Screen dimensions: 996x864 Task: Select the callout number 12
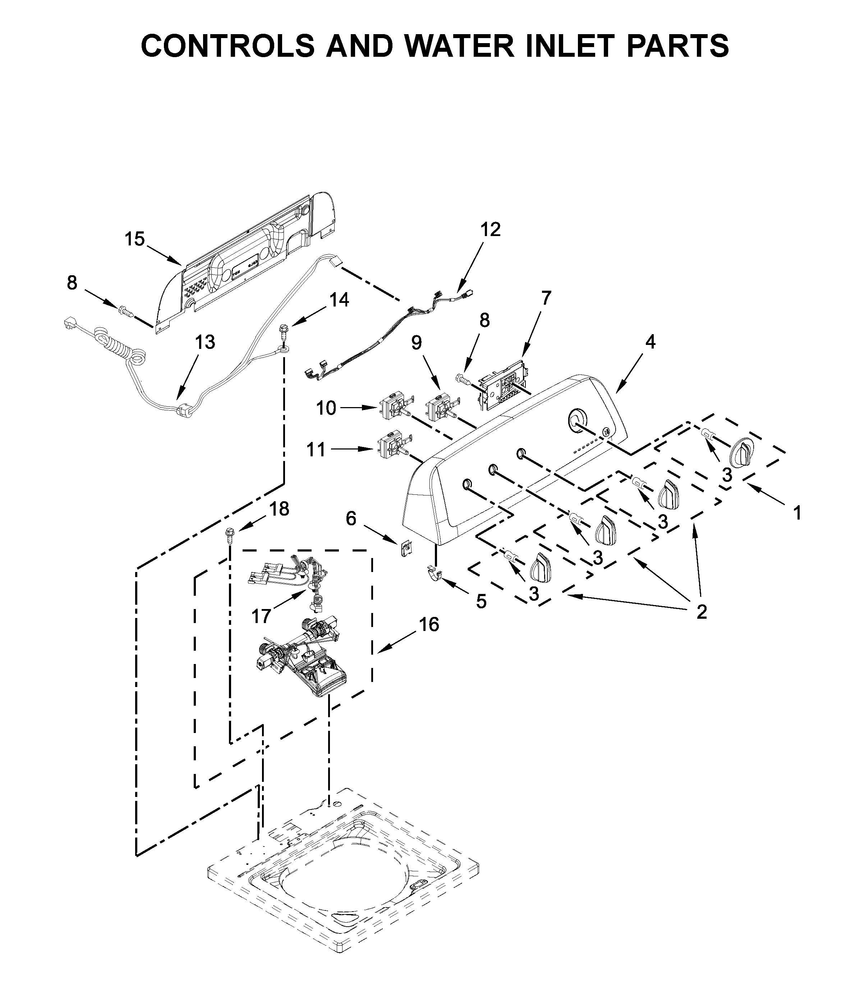click(x=490, y=230)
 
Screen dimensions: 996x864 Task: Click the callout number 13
click(x=205, y=342)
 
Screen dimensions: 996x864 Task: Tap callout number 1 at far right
click(x=798, y=513)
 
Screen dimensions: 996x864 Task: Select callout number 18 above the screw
click(x=279, y=509)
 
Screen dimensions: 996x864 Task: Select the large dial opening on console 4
click(x=576, y=418)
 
